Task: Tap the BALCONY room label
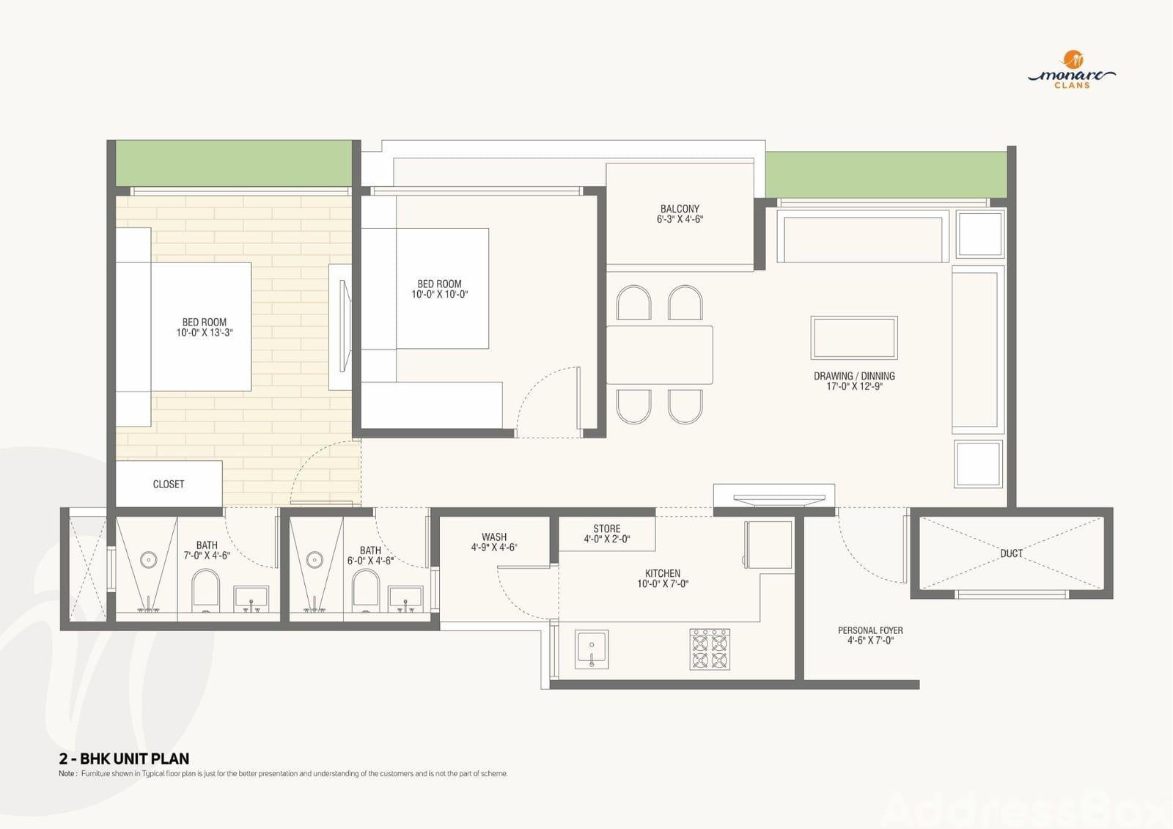pyautogui.click(x=680, y=208)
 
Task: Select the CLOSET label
pyautogui.click(x=169, y=484)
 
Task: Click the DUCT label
pyautogui.click(x=1011, y=553)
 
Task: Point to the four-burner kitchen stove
pyautogui.click(x=710, y=649)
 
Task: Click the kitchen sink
pyautogui.click(x=592, y=649)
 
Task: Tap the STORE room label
pyautogui.click(x=607, y=529)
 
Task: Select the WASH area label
pyautogui.click(x=494, y=537)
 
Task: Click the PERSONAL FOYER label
pyautogui.click(x=870, y=630)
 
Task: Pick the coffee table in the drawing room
pyautogui.click(x=854, y=338)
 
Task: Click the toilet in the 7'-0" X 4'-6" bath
pyautogui.click(x=206, y=591)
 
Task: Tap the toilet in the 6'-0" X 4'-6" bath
pyautogui.click(x=366, y=591)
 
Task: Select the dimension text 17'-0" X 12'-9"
pyautogui.click(x=855, y=386)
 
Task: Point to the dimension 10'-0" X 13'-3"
pyautogui.click(x=205, y=333)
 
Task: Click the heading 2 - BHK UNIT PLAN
pyautogui.click(x=124, y=759)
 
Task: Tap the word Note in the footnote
pyautogui.click(x=67, y=773)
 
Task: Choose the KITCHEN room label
pyautogui.click(x=663, y=573)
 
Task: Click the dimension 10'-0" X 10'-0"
pyautogui.click(x=439, y=295)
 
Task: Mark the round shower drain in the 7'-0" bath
pyautogui.click(x=149, y=560)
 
